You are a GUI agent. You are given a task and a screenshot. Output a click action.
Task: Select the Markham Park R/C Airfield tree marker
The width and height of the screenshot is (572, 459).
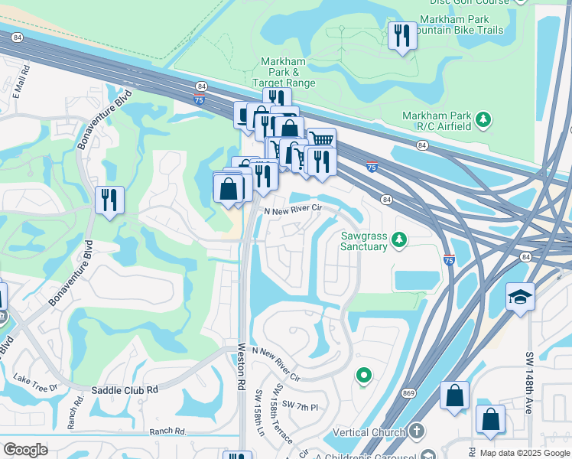coord(483,119)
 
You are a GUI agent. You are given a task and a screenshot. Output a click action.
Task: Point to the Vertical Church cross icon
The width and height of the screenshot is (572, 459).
coord(417,431)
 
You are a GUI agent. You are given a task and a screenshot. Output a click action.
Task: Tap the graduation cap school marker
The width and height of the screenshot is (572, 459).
coord(520,298)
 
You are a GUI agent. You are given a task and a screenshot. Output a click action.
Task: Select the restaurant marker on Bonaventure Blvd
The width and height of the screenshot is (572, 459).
coord(109,200)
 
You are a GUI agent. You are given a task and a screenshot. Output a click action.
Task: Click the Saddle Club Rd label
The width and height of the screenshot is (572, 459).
coord(125,389)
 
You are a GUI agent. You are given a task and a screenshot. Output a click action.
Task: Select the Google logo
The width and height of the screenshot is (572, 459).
coord(25,450)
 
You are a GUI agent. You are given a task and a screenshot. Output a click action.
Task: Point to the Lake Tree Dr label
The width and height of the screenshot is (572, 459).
coord(37,382)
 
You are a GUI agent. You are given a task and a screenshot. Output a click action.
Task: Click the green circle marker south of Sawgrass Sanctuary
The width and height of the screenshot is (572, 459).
coord(364,376)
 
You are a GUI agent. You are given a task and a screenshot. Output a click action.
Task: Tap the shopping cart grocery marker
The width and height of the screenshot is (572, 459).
coord(321,140)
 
